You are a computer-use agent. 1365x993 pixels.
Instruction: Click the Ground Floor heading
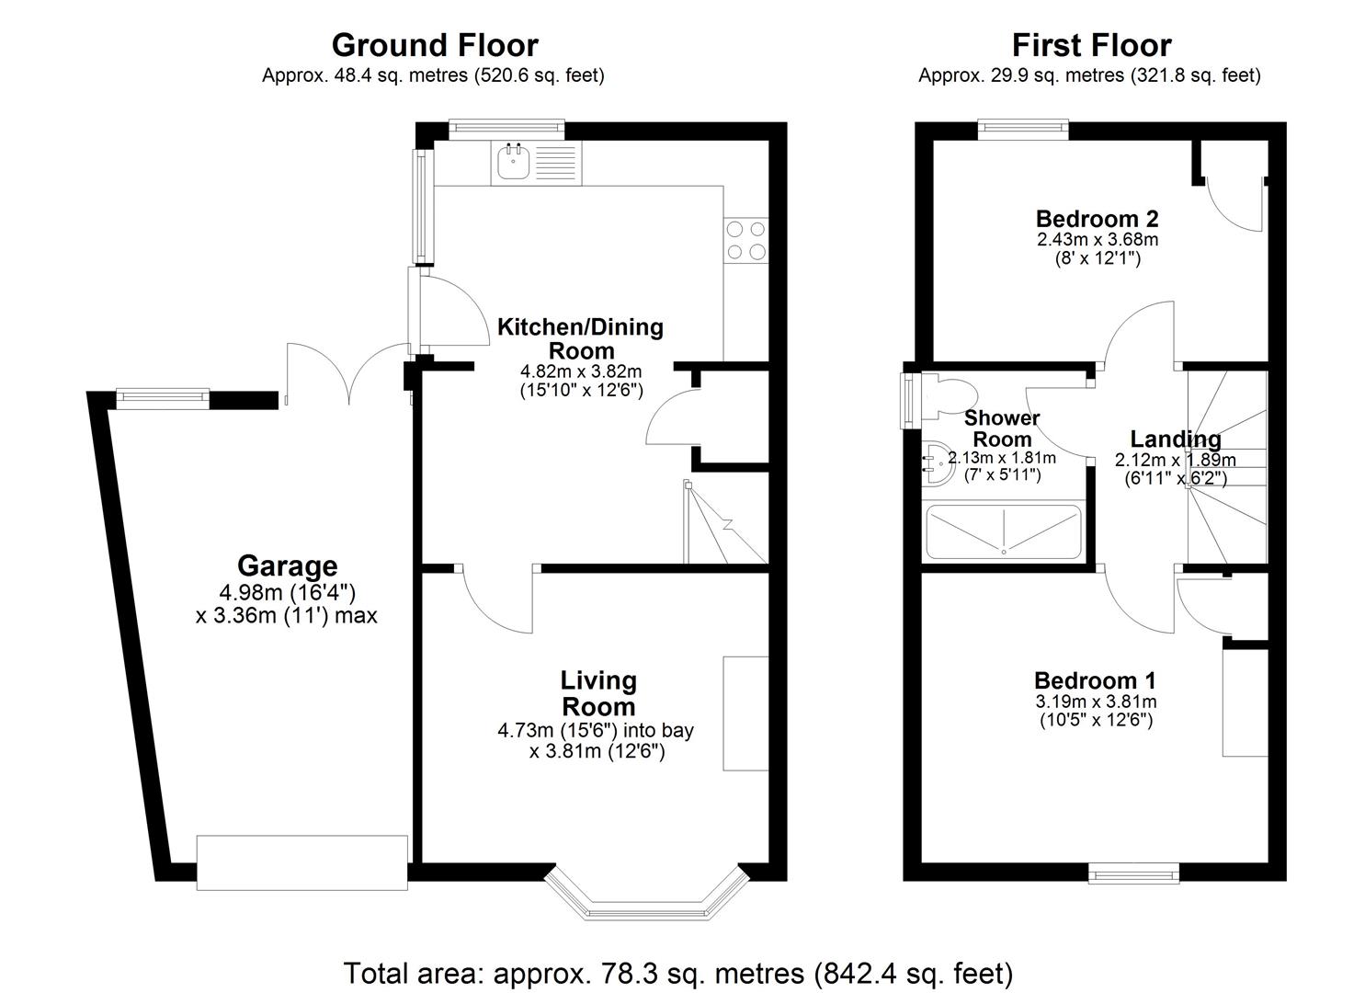click(434, 45)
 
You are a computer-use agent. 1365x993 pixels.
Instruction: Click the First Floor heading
click(1091, 45)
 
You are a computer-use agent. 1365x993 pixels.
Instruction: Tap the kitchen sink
click(512, 164)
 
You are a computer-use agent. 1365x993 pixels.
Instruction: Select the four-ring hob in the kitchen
click(745, 240)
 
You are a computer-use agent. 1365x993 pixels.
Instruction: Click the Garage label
click(287, 565)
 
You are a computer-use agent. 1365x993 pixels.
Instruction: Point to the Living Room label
click(598, 693)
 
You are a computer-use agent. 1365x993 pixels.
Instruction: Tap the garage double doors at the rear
click(347, 372)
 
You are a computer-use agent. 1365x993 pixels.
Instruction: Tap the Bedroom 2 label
click(1097, 219)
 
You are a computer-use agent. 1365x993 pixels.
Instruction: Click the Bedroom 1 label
click(1095, 680)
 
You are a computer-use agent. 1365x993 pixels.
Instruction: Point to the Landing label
click(1175, 439)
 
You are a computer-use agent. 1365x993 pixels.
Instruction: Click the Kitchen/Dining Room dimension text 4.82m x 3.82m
click(580, 371)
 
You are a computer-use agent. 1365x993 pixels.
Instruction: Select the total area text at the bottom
click(678, 972)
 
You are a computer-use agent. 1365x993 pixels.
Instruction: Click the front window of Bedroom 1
click(1134, 873)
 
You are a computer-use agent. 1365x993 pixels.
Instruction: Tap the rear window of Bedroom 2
click(1023, 129)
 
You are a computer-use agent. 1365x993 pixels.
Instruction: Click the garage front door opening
click(301, 862)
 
